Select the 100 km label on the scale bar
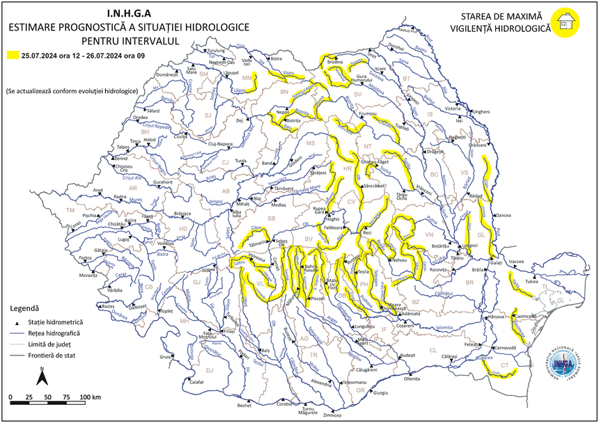click(91, 397)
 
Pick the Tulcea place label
click(532, 282)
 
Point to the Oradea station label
click(141, 118)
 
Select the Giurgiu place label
click(380, 393)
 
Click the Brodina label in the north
click(335, 63)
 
